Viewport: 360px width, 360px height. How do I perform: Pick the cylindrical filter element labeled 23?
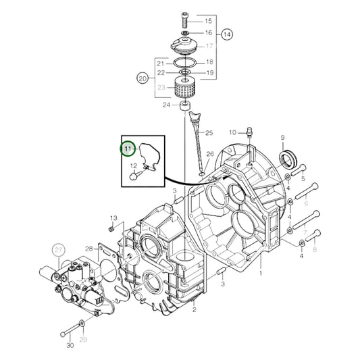pyautogui.click(x=184, y=87)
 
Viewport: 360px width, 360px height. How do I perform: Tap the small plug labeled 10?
pyautogui.click(x=249, y=132)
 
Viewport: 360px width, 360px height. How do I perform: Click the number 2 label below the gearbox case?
pyautogui.click(x=194, y=310)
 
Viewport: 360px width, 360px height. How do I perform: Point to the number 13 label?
pyautogui.click(x=113, y=217)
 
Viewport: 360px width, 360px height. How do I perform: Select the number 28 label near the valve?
pyautogui.click(x=89, y=249)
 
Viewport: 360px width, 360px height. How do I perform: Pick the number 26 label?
pyautogui.click(x=209, y=155)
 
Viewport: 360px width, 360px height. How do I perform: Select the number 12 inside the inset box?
pyautogui.click(x=134, y=166)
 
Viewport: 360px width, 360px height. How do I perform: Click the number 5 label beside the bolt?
pyautogui.click(x=303, y=180)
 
